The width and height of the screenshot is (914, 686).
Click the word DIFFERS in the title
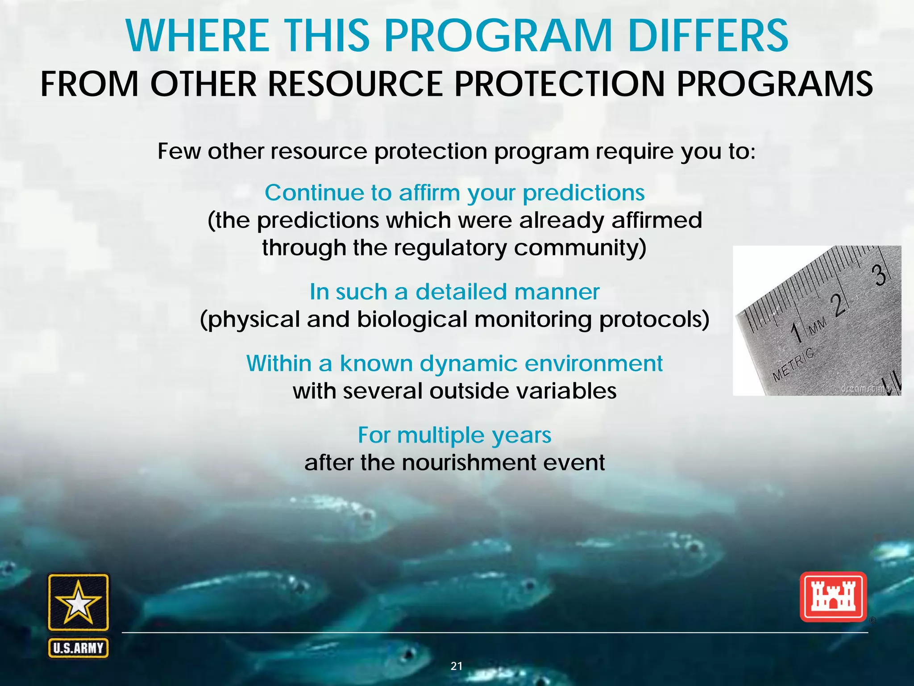pos(708,36)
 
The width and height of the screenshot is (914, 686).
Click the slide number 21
pos(457,666)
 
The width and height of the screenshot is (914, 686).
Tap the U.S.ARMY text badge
pos(78,648)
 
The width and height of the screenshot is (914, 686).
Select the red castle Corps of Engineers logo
pos(833,597)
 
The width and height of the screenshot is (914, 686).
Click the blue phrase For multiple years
pos(454,435)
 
